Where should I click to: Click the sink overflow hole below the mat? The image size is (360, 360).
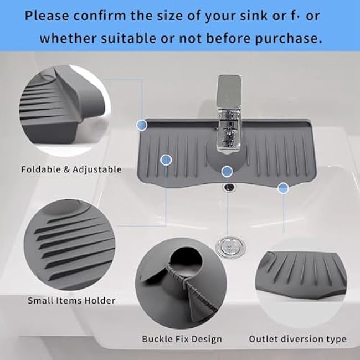coord(228,187)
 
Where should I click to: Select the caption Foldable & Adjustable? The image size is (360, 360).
coord(71,169)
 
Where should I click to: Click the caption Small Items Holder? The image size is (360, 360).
coord(72,300)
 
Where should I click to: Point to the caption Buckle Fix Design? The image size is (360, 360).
coord(182,338)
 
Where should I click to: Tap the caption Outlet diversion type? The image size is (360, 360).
coord(297,338)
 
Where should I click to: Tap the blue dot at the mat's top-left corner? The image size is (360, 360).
coord(142,126)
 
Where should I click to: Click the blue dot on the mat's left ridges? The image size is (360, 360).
coord(166,161)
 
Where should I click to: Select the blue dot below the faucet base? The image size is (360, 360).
coord(226,172)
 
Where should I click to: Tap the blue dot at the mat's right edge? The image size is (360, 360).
coord(284,188)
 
